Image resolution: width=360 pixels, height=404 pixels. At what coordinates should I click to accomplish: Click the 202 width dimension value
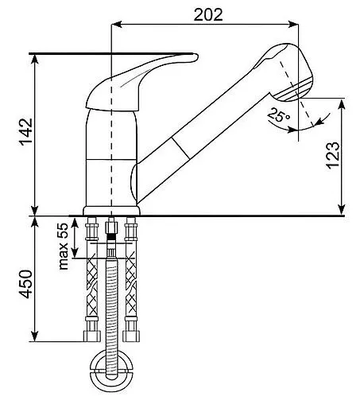click(208, 15)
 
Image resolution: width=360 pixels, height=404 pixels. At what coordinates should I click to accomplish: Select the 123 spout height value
click(333, 155)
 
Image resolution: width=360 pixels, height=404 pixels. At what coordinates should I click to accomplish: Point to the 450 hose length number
click(26, 284)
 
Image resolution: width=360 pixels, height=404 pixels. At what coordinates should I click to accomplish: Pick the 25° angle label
click(279, 115)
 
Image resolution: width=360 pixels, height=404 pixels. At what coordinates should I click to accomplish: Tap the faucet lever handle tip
click(196, 56)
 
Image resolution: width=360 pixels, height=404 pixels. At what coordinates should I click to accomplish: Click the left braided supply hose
click(92, 280)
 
